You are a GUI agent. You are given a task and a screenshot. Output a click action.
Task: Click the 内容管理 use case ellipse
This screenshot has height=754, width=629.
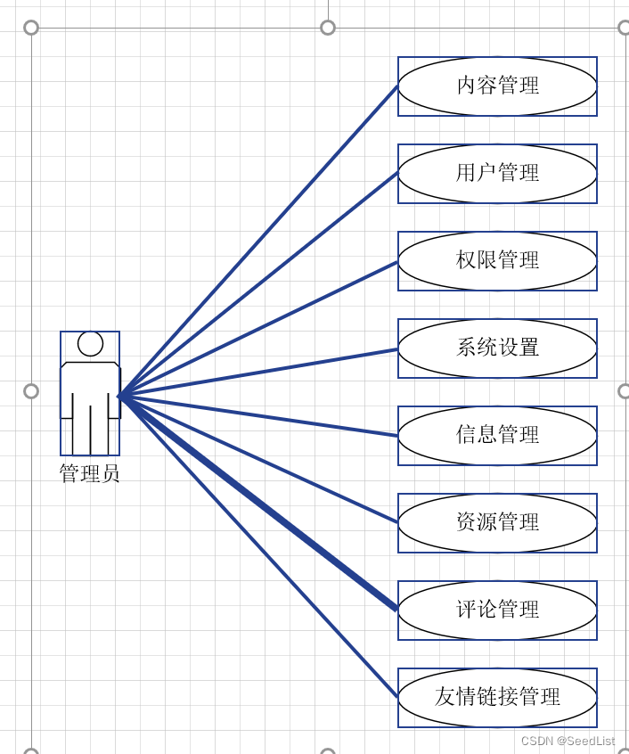pyautogui.click(x=497, y=86)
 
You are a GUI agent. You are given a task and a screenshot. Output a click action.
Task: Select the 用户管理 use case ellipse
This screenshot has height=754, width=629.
pyautogui.click(x=497, y=174)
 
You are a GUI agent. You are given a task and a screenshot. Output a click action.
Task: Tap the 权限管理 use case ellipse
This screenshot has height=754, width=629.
pyautogui.click(x=497, y=261)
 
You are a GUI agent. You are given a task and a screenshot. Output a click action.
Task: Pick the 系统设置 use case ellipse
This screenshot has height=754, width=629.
pyautogui.click(x=497, y=348)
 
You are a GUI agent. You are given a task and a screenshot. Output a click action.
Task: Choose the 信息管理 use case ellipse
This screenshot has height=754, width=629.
pyautogui.click(x=497, y=436)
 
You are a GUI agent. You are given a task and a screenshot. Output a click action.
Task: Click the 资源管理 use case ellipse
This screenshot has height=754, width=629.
pyautogui.click(x=497, y=523)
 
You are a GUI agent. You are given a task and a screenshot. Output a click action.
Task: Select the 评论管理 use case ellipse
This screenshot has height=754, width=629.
pyautogui.click(x=497, y=611)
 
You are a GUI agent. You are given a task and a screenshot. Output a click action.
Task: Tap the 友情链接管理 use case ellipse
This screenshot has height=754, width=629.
pyautogui.click(x=497, y=698)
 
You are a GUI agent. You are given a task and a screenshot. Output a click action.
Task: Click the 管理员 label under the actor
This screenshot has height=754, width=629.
pyautogui.click(x=89, y=473)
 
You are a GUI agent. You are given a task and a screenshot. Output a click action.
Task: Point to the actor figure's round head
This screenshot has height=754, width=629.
pyautogui.click(x=90, y=343)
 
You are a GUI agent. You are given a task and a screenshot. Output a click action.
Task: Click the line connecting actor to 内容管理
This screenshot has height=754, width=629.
pyautogui.click(x=258, y=241)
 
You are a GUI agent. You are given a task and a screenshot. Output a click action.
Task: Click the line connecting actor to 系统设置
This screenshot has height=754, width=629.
pyautogui.click(x=258, y=372)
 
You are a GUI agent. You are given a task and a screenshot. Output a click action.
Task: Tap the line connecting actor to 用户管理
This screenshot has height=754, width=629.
pyautogui.click(x=258, y=284)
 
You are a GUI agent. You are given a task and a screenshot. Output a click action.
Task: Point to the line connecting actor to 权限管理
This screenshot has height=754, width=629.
pyautogui.click(x=258, y=328)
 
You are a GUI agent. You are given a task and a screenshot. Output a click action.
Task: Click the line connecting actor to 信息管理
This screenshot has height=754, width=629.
pyautogui.click(x=258, y=415)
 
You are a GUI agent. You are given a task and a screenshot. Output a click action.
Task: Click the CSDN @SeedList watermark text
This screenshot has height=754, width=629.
pyautogui.click(x=568, y=741)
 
